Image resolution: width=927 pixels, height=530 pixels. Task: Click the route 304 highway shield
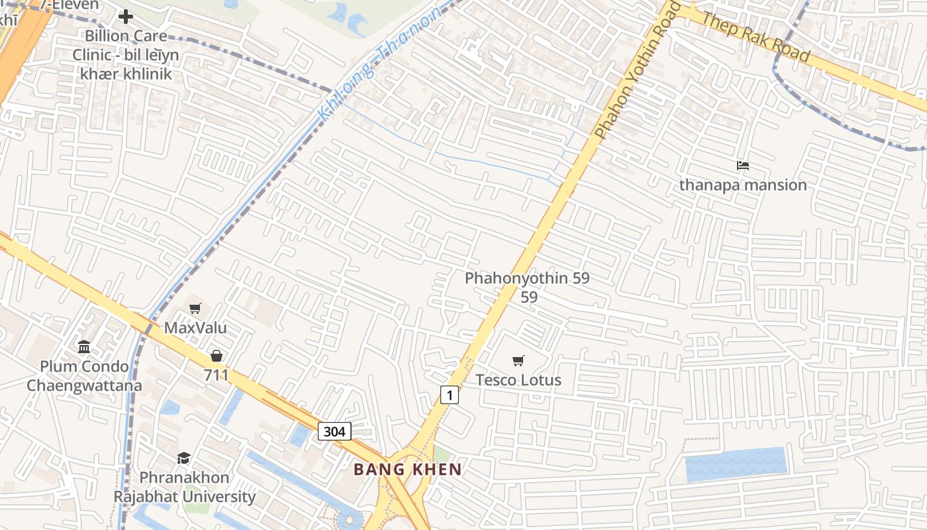coord(334,431)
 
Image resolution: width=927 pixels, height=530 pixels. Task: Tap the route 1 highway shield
coord(450,396)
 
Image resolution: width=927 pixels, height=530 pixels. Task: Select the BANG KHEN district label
coord(407,470)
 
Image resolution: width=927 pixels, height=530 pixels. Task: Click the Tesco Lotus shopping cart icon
coord(518,360)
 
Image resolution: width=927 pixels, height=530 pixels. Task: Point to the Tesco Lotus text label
coord(518,380)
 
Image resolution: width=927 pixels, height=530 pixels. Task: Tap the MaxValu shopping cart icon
coord(195,308)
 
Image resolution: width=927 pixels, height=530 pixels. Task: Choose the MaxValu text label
coord(195,328)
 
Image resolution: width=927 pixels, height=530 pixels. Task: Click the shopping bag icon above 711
coord(216,356)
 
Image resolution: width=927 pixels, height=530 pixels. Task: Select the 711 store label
coord(216,376)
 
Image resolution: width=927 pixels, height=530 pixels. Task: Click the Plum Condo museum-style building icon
coord(84,346)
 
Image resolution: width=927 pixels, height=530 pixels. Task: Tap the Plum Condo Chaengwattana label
coord(84,376)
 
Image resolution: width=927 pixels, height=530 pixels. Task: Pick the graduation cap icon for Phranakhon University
coord(183,458)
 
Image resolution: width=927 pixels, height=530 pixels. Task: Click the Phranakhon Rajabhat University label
coord(184,487)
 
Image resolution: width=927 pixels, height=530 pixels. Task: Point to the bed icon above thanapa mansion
coord(743,165)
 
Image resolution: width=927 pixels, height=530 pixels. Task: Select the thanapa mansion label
coord(743,185)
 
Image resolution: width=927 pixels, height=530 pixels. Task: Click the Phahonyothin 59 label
coord(527,278)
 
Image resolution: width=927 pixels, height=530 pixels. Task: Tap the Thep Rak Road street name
coord(755,37)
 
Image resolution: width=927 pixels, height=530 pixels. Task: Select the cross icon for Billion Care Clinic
coord(126,17)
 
